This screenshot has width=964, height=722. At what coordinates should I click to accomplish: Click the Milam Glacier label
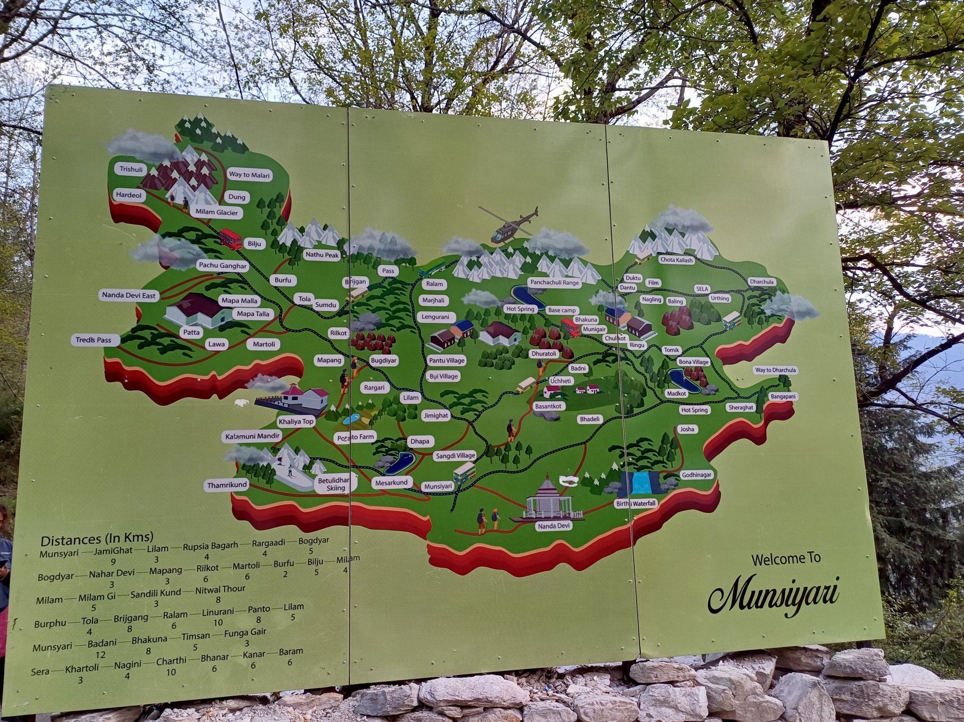pos(216,213)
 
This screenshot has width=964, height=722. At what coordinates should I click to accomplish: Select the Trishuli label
pos(131,169)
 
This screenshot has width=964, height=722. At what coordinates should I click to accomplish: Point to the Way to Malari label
pos(249,175)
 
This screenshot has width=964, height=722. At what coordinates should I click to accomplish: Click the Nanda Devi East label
pos(129,295)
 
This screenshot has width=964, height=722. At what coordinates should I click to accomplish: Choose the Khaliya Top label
pos(296,422)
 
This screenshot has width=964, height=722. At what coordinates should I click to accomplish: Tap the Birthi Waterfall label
pos(636,504)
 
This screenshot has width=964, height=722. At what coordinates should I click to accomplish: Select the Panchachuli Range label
pos(555,283)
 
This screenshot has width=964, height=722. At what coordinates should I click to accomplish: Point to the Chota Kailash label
pos(676,260)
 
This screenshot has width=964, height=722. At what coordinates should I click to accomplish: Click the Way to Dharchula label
pos(775,370)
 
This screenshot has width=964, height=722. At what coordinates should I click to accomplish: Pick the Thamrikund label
pos(227,485)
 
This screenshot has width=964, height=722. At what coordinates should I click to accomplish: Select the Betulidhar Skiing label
pos(334,484)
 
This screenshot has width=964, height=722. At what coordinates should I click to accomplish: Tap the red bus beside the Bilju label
pos(231,238)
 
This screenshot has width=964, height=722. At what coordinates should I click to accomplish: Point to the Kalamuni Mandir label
pos(253,436)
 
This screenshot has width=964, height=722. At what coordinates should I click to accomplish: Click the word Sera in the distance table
pos(40,672)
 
